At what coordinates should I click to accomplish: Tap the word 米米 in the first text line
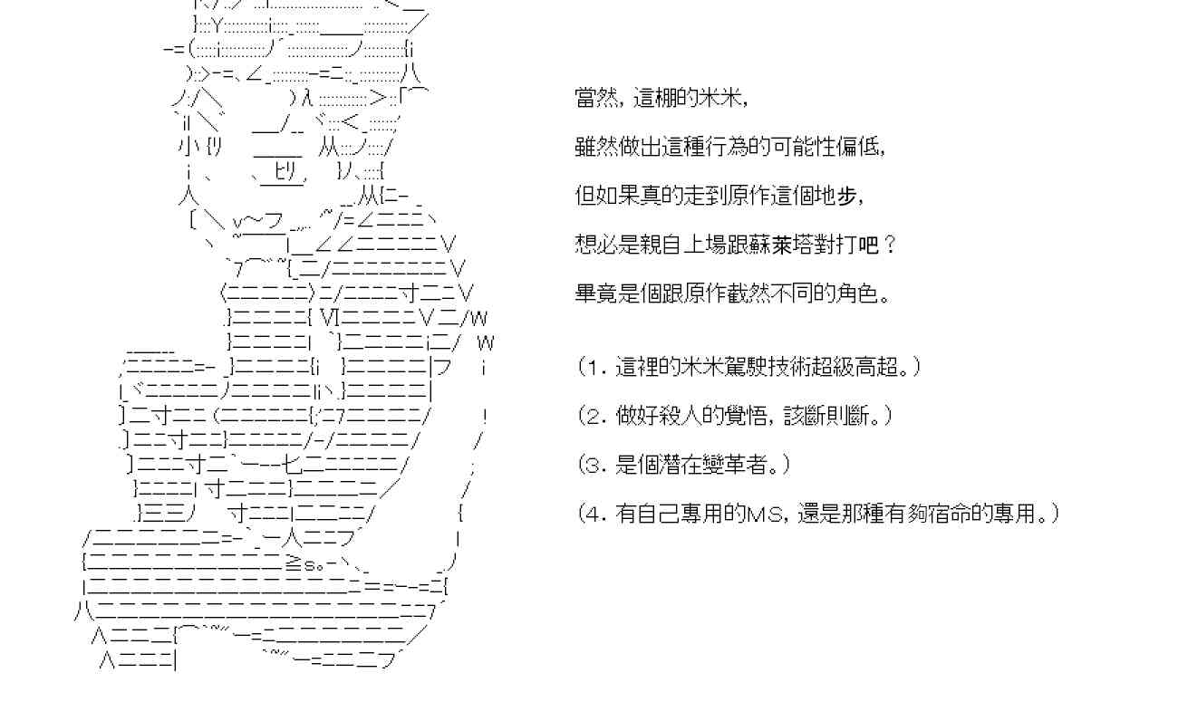click(722, 98)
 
